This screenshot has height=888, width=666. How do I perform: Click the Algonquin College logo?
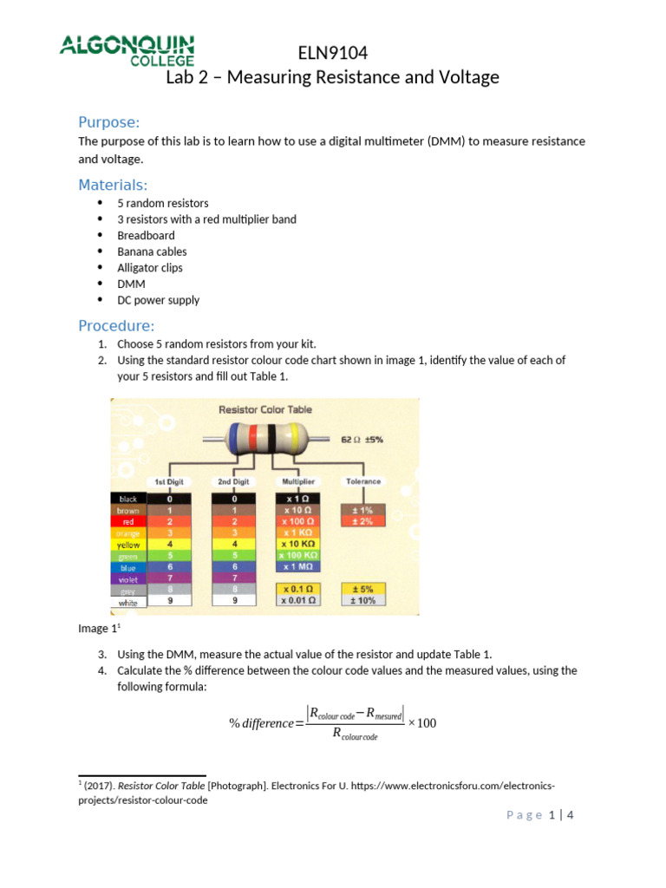pos(127,51)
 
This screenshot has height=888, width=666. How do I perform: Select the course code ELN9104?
pos(332,53)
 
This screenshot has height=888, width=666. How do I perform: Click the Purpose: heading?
pos(109,121)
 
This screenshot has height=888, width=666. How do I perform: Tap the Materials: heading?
pos(113,185)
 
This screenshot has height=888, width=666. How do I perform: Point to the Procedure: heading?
pos(116,326)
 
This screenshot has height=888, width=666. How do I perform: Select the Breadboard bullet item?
pos(146,235)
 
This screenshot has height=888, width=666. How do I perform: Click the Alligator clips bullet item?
pos(150,268)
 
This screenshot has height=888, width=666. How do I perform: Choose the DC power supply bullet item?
pos(158,300)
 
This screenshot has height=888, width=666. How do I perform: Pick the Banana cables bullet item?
pos(152,251)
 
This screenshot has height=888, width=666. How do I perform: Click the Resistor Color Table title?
pos(264,409)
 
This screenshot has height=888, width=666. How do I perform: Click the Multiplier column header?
pos(297,481)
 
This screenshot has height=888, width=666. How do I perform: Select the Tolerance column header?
pos(362,481)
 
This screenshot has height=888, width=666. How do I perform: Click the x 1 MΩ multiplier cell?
pos(297,566)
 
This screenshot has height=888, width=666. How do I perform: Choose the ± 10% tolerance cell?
pos(362,600)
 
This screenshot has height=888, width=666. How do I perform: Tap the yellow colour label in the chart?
pos(128,545)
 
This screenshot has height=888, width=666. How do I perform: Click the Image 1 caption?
pos(96,629)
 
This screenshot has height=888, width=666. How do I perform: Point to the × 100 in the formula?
pos(422,723)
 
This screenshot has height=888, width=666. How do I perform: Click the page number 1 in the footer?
pos(551,815)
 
